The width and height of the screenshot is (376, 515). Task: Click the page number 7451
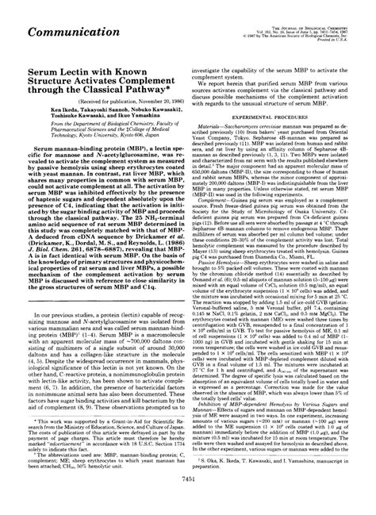click(187, 502)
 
